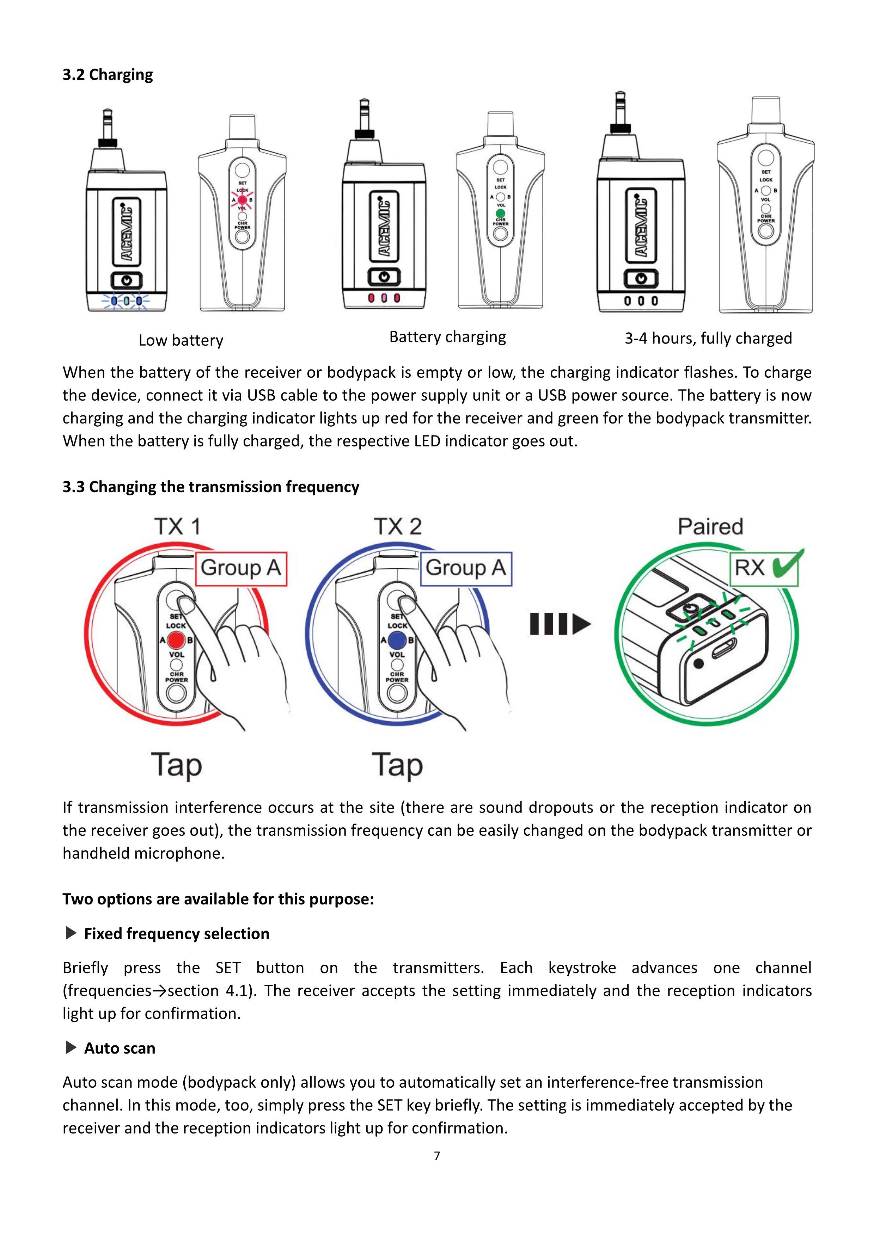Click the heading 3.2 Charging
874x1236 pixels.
[x=108, y=75]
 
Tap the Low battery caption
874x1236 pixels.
[x=181, y=340]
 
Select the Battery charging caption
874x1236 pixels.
[x=447, y=337]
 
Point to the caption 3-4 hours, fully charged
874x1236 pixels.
[x=708, y=338]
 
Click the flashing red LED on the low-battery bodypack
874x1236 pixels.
[x=242, y=200]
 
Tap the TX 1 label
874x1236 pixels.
[x=177, y=526]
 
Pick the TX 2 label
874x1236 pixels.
[x=398, y=526]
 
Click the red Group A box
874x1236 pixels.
[x=241, y=568]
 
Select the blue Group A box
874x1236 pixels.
[x=466, y=568]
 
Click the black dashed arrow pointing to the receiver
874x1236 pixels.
[x=560, y=624]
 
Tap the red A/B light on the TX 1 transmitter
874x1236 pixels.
[x=176, y=641]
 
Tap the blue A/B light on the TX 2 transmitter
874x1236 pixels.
[x=397, y=641]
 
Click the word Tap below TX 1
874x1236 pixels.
[x=177, y=765]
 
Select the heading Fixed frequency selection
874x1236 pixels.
[x=177, y=933]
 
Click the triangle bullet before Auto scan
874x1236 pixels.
[x=71, y=1047]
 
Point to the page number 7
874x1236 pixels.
[x=437, y=1156]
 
